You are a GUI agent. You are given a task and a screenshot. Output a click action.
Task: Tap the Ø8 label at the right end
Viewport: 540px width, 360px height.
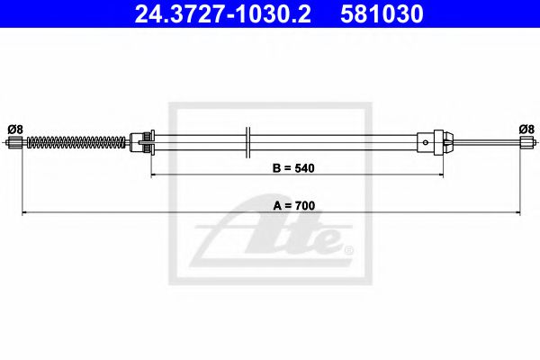click(527, 129)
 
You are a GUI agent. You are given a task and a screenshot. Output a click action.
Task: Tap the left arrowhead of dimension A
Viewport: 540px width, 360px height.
click(24, 212)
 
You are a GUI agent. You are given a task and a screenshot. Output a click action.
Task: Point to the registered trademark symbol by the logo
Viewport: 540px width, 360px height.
click(348, 249)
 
